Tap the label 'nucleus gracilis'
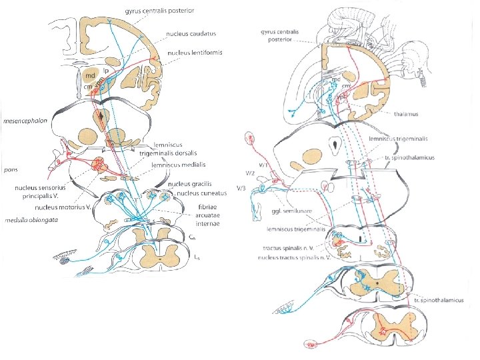[x=189, y=184]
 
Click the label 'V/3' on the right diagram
[x=243, y=189]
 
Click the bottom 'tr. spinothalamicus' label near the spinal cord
[x=437, y=301]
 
